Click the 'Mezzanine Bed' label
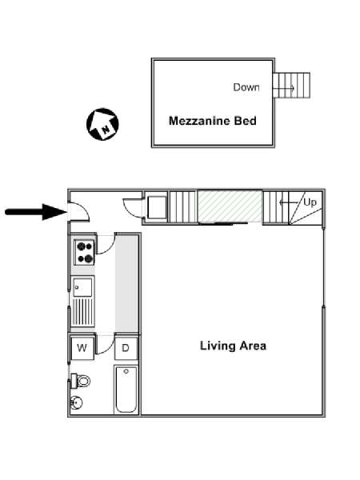pyautogui.click(x=213, y=121)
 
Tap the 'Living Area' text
pyautogui.click(x=233, y=346)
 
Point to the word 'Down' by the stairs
pyautogui.click(x=246, y=87)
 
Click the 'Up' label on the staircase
pyautogui.click(x=310, y=202)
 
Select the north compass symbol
pyautogui.click(x=102, y=124)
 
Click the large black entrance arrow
pyautogui.click(x=36, y=212)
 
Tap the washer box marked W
pyautogui.click(x=82, y=348)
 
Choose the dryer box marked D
pyautogui.click(x=126, y=348)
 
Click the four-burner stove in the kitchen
pyautogui.click(x=85, y=252)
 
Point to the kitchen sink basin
pyautogui.click(x=82, y=287)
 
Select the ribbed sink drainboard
pyautogui.click(x=82, y=312)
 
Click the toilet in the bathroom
pyautogui.click(x=80, y=381)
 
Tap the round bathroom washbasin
pyautogui.click(x=76, y=402)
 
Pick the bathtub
pyautogui.click(x=126, y=389)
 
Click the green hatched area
pyautogui.click(x=230, y=206)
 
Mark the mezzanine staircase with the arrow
pyautogui.click(x=291, y=85)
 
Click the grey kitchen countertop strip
pyautogui.click(x=126, y=284)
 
